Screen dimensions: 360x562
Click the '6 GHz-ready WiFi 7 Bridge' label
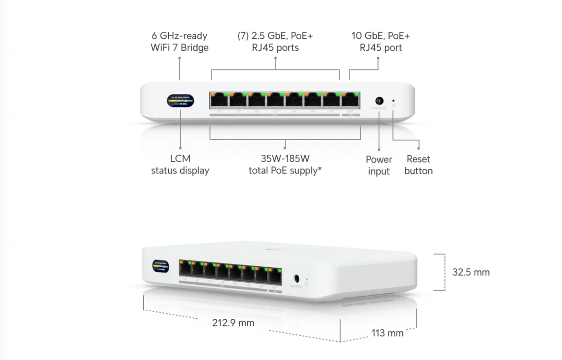(179, 42)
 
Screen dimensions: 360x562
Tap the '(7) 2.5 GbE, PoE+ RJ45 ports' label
(275, 42)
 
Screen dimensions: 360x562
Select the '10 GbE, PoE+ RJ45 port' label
(380, 42)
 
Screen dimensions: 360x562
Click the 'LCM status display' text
(180, 165)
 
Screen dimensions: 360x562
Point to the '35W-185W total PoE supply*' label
(285, 165)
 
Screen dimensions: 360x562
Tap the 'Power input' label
(379, 165)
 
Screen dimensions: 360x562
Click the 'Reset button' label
(418, 165)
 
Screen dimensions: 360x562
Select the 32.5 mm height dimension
(471, 272)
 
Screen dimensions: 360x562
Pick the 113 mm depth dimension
(387, 333)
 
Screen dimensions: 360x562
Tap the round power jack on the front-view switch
(379, 101)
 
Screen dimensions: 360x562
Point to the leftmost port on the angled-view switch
(186, 269)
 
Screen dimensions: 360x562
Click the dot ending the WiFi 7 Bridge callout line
(180, 58)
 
